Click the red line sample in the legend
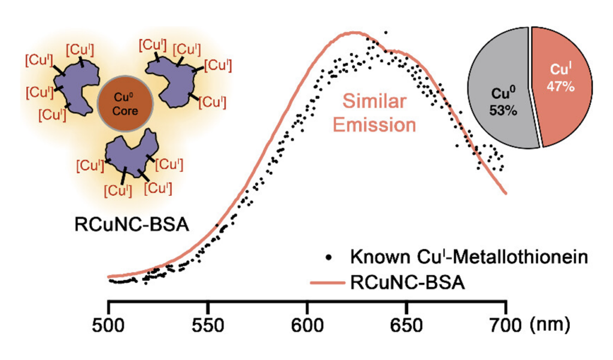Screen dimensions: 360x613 tap(329, 282)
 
